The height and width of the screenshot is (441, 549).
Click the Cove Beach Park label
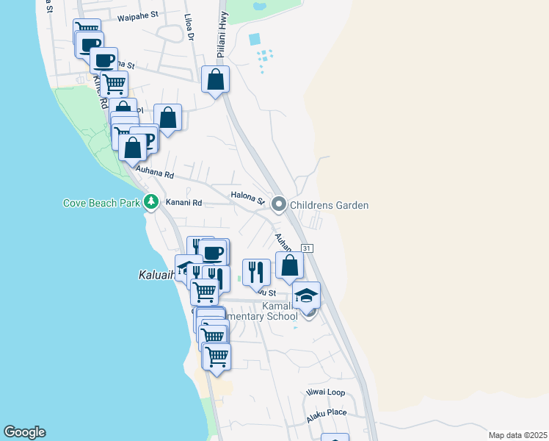tap(101, 204)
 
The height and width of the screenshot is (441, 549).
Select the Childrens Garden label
tap(329, 205)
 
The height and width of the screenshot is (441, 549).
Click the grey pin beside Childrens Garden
tap(279, 204)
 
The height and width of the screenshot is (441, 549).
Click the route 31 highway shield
tap(307, 248)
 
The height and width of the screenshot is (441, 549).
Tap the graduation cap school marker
tap(306, 295)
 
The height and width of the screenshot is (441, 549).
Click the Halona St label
tap(247, 197)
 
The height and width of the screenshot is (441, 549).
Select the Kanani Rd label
tap(183, 202)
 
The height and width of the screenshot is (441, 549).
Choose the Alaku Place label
tap(327, 412)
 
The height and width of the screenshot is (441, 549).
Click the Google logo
tap(24, 432)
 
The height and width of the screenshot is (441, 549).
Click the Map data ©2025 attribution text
tap(517, 435)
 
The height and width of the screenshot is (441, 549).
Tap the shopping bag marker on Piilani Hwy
tap(215, 80)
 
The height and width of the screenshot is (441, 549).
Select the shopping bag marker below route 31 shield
tap(290, 265)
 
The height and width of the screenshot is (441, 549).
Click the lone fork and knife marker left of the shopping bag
tap(256, 272)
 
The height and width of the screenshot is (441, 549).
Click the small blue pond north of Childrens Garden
tap(255, 39)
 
